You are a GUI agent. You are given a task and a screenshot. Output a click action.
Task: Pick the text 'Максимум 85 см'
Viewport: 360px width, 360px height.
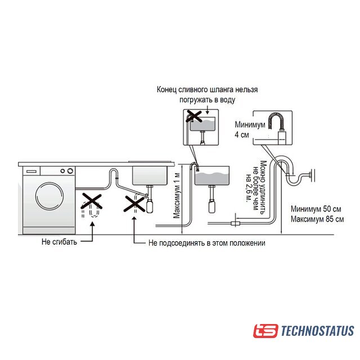click(x=317, y=218)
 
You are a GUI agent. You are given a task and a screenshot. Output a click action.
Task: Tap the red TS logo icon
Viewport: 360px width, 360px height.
click(x=265, y=331)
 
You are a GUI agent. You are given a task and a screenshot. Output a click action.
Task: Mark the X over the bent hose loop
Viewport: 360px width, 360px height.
click(x=91, y=203)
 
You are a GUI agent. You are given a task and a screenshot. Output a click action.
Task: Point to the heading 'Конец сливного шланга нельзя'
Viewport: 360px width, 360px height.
click(x=205, y=90)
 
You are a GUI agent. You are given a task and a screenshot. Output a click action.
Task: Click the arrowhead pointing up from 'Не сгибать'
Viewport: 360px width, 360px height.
click(x=92, y=226)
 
